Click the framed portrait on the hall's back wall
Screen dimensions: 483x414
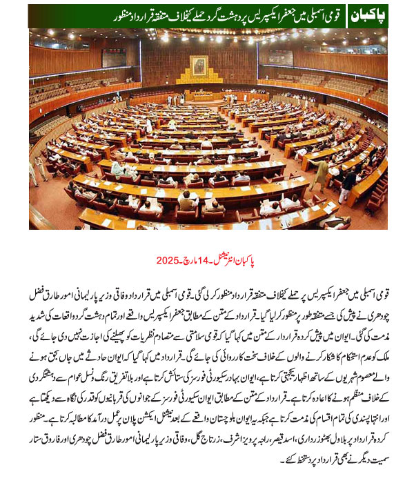199,66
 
